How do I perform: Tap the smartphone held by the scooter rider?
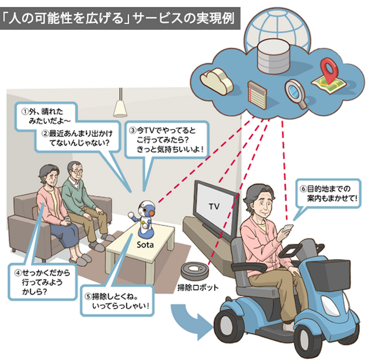pos(287,230)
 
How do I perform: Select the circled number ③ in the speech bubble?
pos(133,128)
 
